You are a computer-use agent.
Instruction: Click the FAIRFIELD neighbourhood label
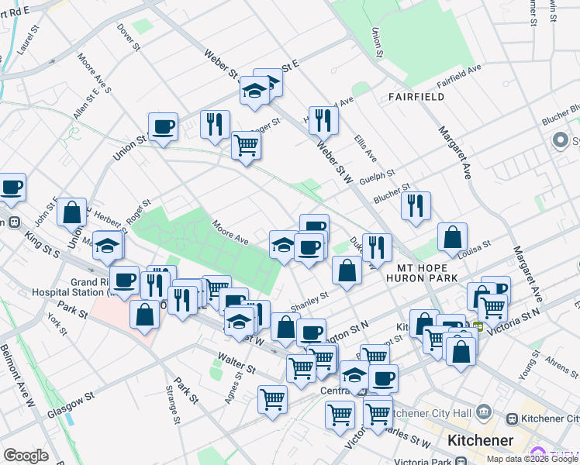pos(417,97)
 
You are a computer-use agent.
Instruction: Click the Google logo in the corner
pos(26,456)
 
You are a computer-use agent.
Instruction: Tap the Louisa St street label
pos(475,246)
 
